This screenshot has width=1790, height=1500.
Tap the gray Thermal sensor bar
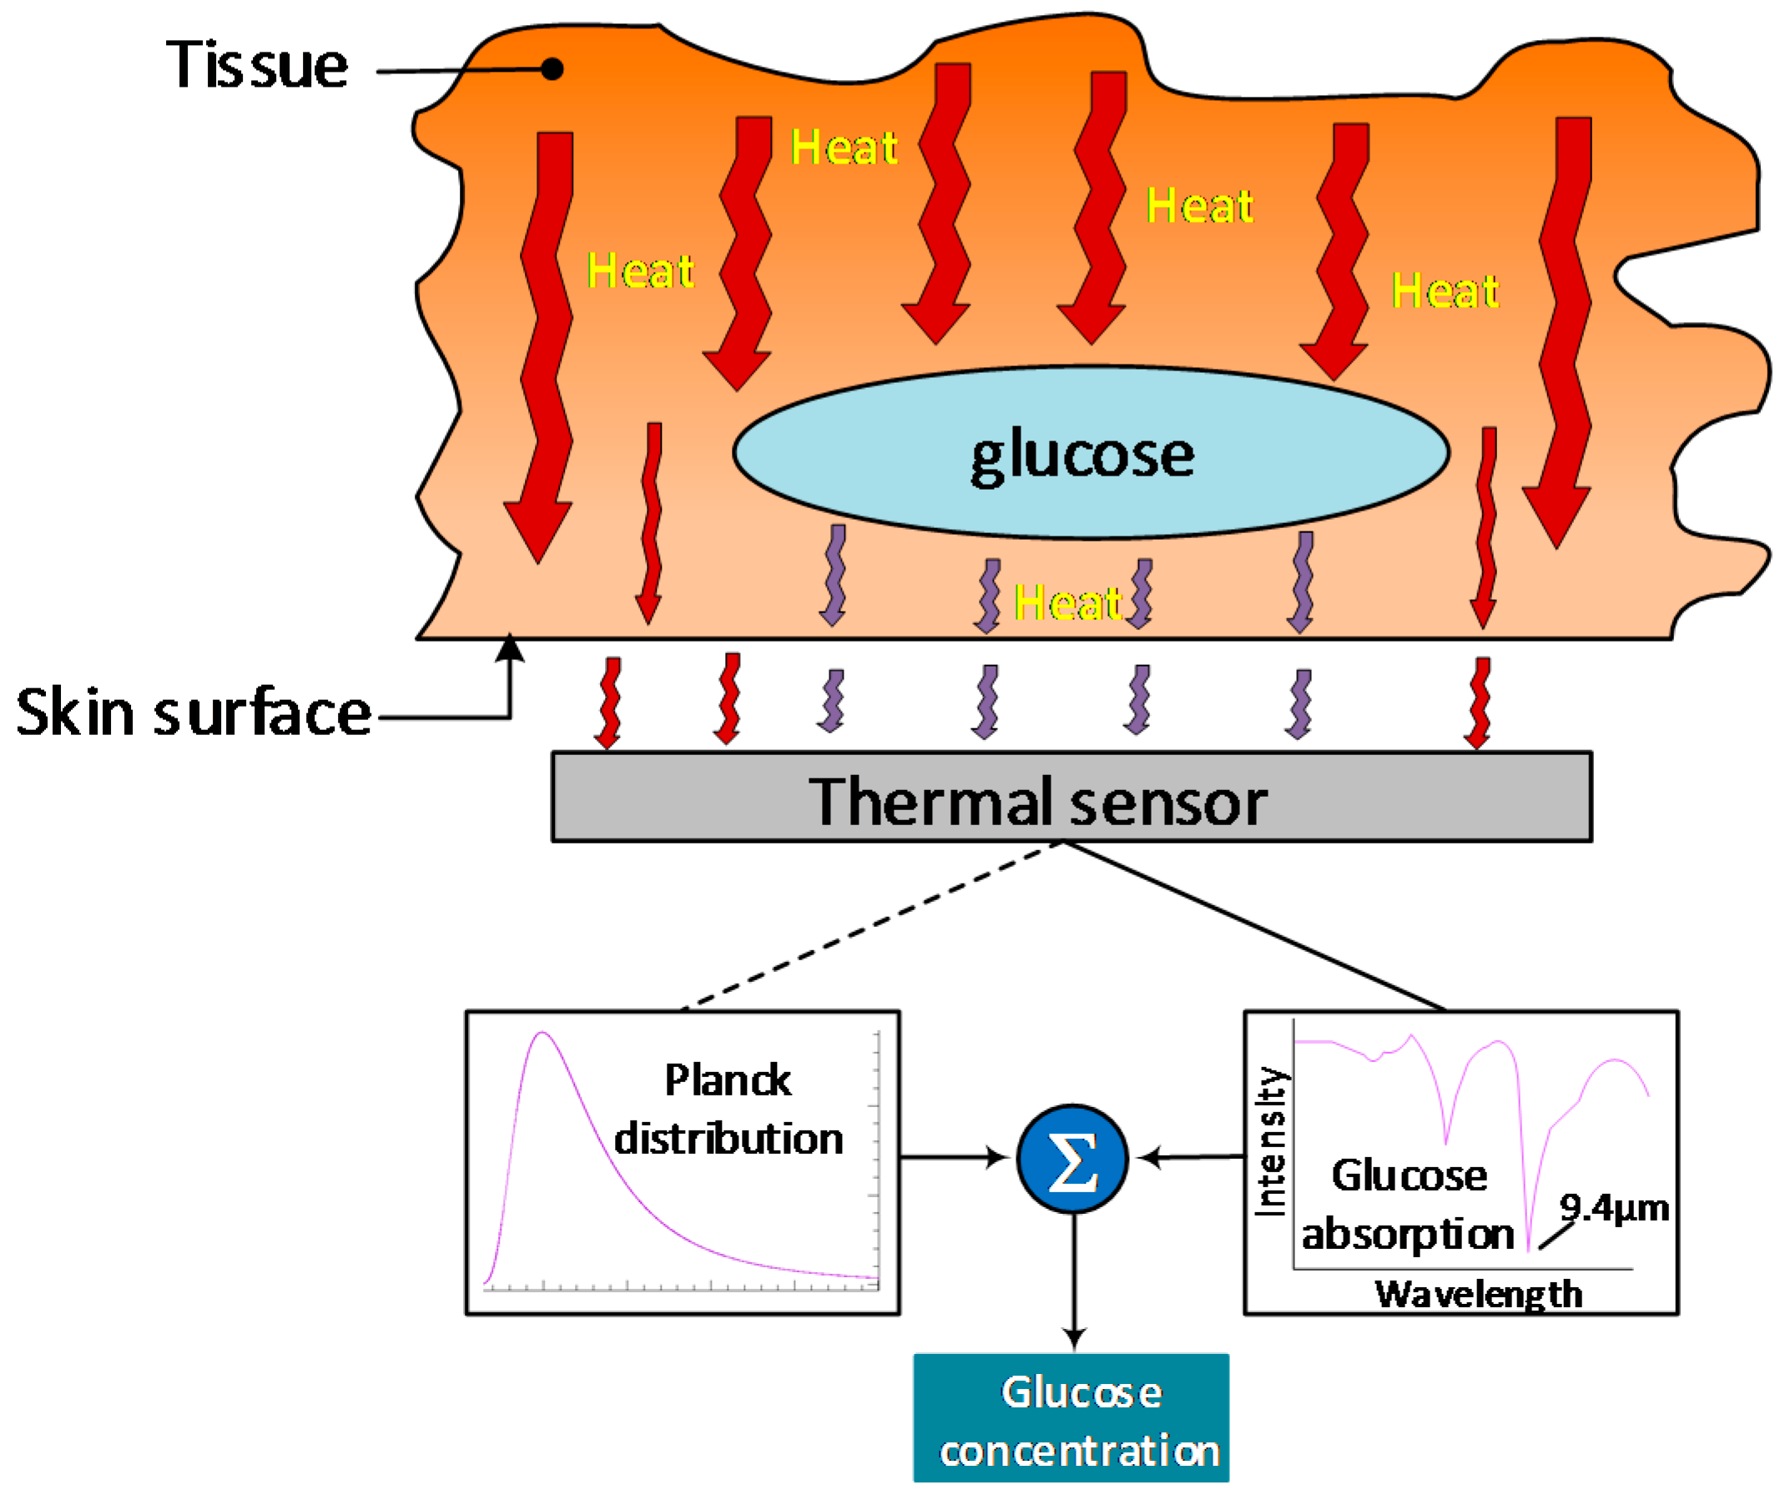point(1071,798)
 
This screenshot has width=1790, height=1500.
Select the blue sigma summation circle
point(1072,1159)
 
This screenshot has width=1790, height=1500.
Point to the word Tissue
point(256,66)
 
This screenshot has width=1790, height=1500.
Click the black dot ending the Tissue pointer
point(552,69)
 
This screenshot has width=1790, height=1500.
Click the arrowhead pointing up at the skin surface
point(510,647)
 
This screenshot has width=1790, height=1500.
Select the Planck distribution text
point(728,1108)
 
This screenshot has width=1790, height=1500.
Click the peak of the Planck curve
point(542,1034)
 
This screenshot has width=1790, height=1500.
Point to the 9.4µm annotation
point(1614,1208)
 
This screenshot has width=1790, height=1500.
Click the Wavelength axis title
point(1478,1294)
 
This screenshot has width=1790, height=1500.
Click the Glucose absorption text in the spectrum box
point(1408,1205)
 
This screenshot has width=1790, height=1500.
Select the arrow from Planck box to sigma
point(955,1157)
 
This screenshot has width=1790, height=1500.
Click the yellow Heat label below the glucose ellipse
point(1067,603)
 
